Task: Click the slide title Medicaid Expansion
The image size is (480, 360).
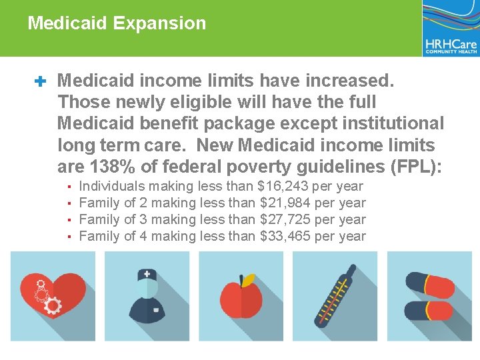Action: pos(117,23)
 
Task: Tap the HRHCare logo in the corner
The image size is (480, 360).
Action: pos(451,29)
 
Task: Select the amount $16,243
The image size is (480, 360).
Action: pos(283,187)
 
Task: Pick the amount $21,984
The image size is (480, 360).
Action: pos(285,203)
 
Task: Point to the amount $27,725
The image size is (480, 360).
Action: pos(285,219)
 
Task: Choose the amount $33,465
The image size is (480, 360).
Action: pos(285,236)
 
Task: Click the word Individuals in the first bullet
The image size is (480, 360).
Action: pos(111,187)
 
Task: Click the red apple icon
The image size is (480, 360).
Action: pos(241,299)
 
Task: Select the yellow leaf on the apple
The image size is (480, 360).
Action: pos(248,280)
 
